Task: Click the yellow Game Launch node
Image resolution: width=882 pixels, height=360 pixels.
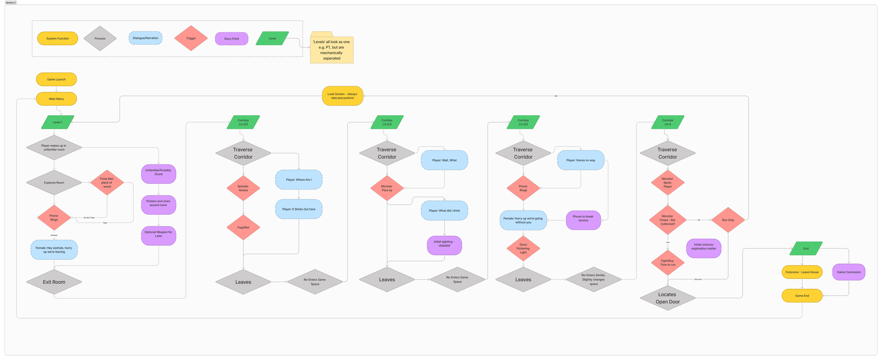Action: [56, 79]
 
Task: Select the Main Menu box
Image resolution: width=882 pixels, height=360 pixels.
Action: [56, 99]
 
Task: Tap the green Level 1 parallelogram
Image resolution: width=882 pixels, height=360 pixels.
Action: [58, 122]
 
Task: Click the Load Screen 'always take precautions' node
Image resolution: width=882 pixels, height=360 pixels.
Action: [342, 96]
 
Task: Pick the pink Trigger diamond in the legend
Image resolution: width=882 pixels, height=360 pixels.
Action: [191, 38]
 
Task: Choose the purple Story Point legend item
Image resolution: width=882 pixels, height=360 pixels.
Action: [231, 39]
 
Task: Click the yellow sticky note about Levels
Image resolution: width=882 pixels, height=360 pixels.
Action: [332, 50]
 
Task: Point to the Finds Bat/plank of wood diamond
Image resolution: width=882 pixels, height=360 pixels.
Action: [107, 183]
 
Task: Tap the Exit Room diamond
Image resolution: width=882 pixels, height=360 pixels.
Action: [54, 282]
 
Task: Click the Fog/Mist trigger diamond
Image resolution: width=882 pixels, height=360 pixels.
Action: [243, 227]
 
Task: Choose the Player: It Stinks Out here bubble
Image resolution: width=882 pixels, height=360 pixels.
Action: [298, 209]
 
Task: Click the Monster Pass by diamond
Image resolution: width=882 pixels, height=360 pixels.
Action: [387, 188]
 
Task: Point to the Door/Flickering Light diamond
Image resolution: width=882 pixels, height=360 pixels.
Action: [523, 248]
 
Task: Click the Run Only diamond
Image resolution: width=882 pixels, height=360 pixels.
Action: [728, 220]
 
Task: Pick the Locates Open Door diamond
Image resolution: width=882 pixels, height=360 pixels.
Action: [667, 298]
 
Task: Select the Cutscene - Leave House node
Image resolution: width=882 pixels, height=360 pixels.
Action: [802, 272]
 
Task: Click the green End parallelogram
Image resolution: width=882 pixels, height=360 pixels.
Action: [806, 248]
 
